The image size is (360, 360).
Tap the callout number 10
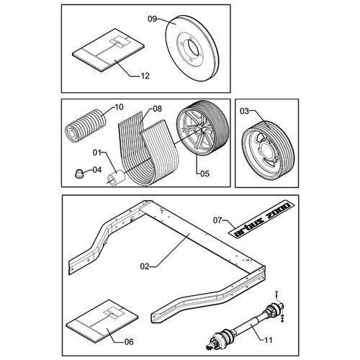119,107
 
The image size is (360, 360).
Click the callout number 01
98,153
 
